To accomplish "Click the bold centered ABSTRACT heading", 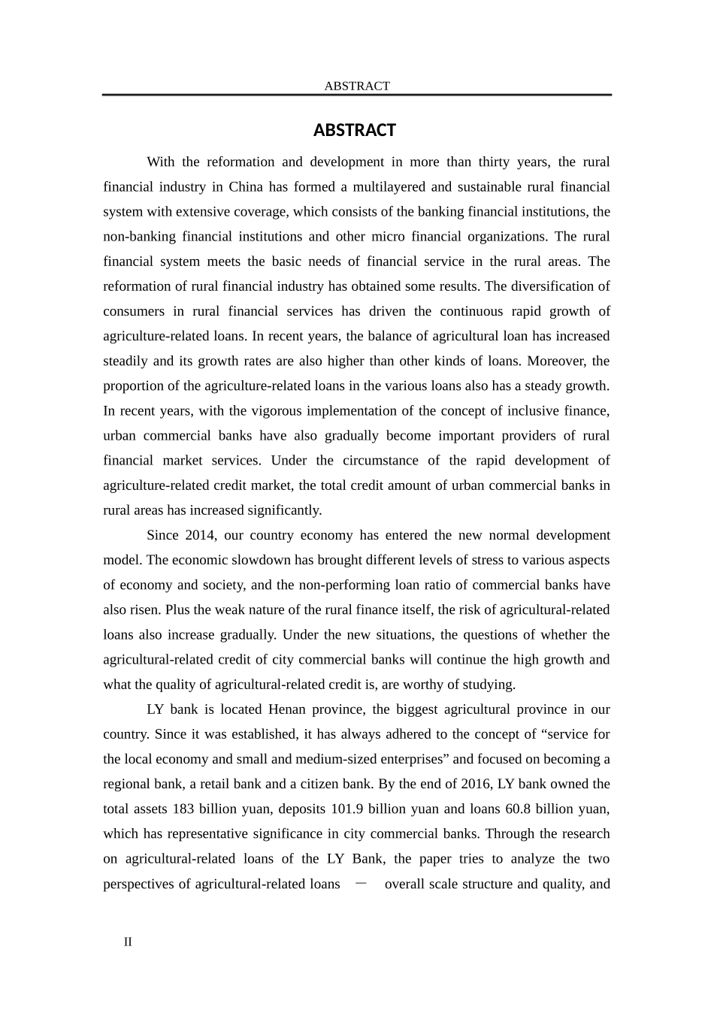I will [354, 131].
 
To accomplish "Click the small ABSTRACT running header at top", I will [357, 86].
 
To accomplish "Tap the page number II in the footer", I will [128, 942].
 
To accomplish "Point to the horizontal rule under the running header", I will [357, 95].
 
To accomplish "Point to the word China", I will [246, 186].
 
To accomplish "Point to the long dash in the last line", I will [362, 884].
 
